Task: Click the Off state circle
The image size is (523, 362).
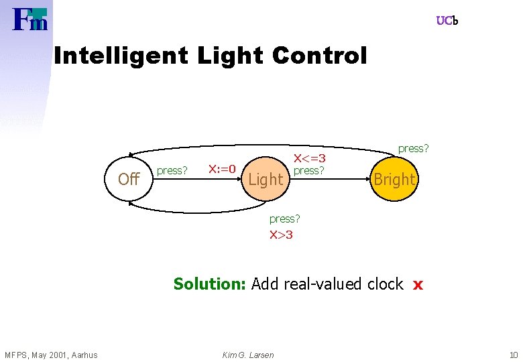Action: tap(128, 179)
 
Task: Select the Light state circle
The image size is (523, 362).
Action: tap(266, 179)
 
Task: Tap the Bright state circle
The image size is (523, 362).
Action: tap(394, 179)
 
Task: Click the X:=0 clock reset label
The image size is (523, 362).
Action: tap(222, 168)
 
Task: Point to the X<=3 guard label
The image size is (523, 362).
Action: tap(310, 158)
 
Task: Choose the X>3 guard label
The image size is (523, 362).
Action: tap(281, 234)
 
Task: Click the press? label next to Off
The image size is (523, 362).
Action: tap(172, 170)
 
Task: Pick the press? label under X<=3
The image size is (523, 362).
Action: tap(309, 170)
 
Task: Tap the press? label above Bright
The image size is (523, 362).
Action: tap(413, 148)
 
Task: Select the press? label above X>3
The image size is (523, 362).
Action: tap(284, 219)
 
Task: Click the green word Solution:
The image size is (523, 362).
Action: tap(210, 284)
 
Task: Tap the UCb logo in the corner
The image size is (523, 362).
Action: tap(447, 21)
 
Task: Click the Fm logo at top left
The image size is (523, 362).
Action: tap(30, 20)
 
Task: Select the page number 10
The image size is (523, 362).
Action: tap(513, 355)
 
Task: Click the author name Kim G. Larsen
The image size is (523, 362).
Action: tap(247, 355)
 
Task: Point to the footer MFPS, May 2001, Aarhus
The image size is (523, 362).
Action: tap(51, 355)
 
